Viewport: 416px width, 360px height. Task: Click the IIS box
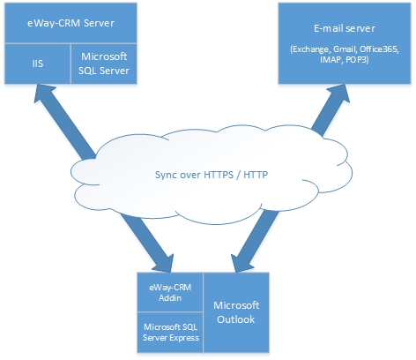pyautogui.click(x=38, y=64)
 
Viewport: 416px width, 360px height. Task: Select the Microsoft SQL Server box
pyautogui.click(x=104, y=64)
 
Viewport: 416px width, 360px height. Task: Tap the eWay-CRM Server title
pyautogui.click(x=71, y=23)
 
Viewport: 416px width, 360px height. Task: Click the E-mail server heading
pyautogui.click(x=345, y=28)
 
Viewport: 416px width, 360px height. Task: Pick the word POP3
pyautogui.click(x=357, y=59)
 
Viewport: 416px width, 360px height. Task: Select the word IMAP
pyautogui.click(x=331, y=59)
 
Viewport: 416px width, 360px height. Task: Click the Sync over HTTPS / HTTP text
pyautogui.click(x=212, y=175)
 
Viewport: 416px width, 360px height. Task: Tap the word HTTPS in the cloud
pyautogui.click(x=219, y=175)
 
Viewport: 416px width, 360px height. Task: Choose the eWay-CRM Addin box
pyautogui.click(x=170, y=292)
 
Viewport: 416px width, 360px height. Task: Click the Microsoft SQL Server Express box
pyautogui.click(x=170, y=333)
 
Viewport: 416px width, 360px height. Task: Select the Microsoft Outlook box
pyautogui.click(x=236, y=312)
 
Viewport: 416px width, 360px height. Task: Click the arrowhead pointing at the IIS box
pyautogui.click(x=44, y=94)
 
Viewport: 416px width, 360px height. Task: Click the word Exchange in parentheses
pyautogui.click(x=310, y=49)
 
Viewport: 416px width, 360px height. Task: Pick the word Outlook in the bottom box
pyautogui.click(x=236, y=319)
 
